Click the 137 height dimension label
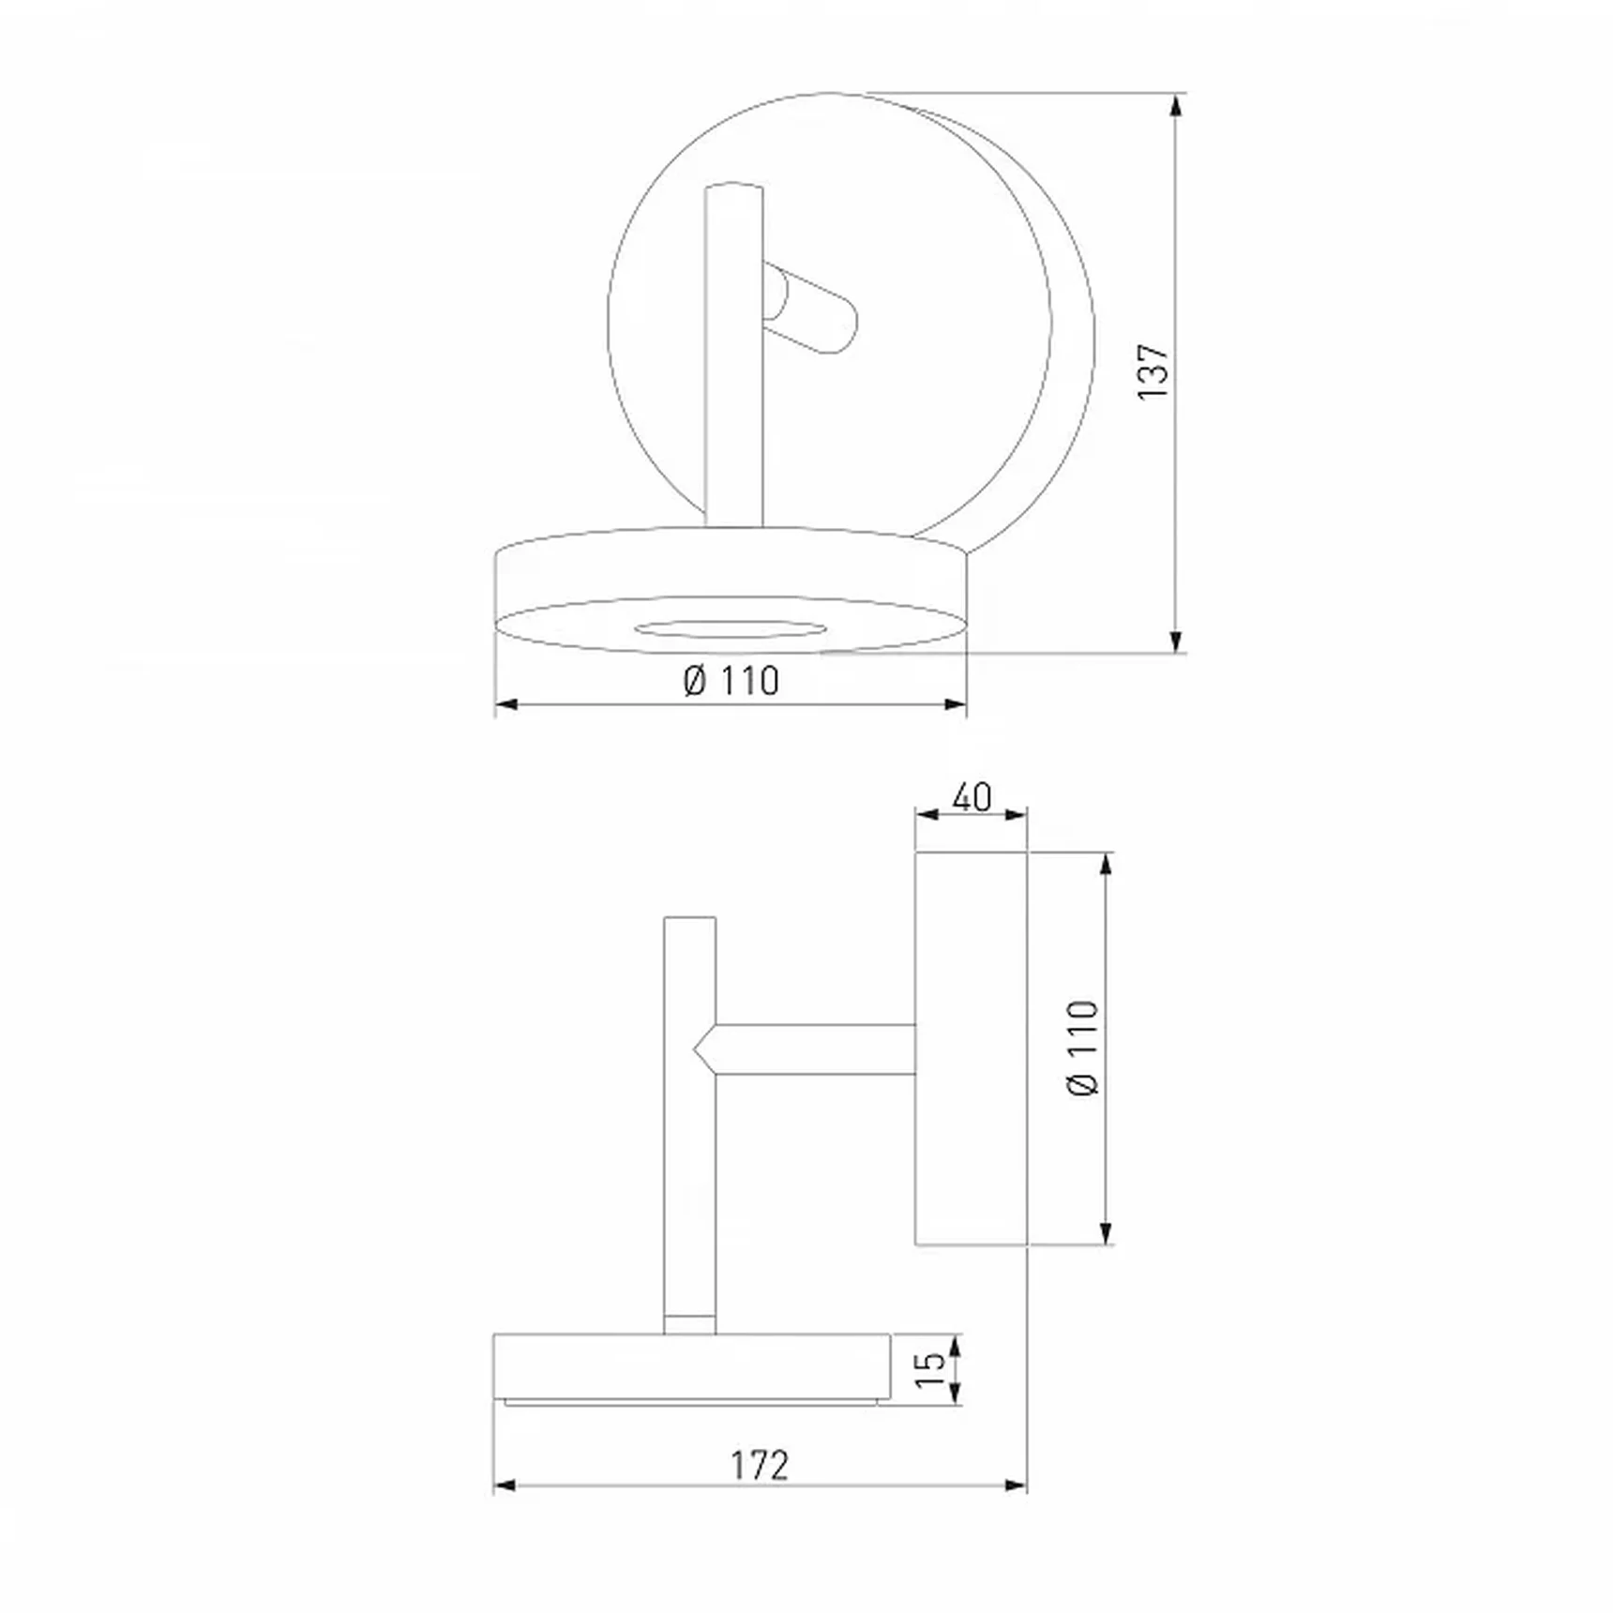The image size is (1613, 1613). pos(1153,372)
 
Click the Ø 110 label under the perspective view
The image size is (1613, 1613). pos(731,681)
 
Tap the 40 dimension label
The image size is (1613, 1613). pos(972,798)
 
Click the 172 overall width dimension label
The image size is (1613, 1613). pos(760,1465)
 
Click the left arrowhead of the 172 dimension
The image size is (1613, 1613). pos(505,1485)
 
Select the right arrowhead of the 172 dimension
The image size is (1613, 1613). pos(1016,1485)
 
